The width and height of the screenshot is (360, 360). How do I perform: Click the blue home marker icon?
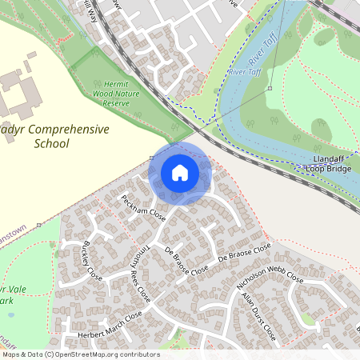tap(180, 173)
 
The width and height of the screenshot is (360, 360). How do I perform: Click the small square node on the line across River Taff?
tap(270, 87)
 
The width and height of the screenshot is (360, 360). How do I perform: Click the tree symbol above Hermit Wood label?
tap(97, 54)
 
